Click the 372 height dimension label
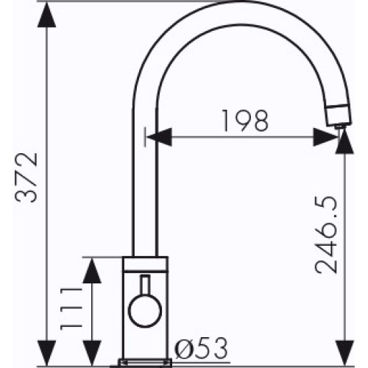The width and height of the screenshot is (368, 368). point(26,177)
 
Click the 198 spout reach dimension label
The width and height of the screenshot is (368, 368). point(245,121)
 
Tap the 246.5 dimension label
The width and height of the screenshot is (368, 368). point(326,235)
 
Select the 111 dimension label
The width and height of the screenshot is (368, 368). point(71,309)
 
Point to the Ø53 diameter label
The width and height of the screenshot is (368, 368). point(201,348)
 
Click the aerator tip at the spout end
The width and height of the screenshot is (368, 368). point(339,116)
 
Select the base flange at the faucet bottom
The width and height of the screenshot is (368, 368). point(145,363)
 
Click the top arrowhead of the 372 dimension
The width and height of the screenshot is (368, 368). point(46,15)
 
